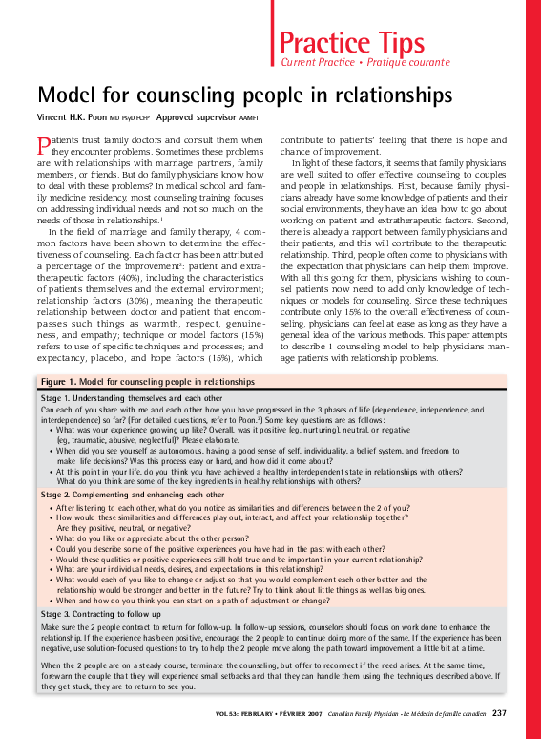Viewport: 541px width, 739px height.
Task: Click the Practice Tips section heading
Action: click(351, 42)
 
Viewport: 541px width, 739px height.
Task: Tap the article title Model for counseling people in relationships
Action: click(243, 95)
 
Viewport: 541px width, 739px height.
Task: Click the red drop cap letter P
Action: click(42, 146)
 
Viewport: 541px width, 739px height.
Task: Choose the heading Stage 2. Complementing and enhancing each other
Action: click(133, 496)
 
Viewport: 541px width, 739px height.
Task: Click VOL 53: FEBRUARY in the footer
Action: click(241, 714)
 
